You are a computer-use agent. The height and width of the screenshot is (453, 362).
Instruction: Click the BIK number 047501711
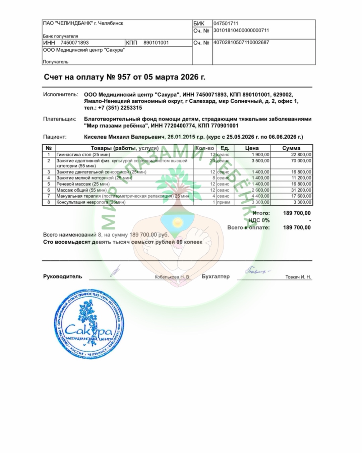(x=226, y=23)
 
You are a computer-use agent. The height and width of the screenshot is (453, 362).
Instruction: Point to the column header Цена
(x=252, y=148)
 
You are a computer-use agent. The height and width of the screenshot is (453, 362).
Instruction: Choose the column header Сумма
(x=291, y=148)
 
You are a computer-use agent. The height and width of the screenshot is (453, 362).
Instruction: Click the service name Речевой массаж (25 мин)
(x=83, y=184)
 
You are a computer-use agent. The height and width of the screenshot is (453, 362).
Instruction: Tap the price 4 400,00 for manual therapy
(x=260, y=196)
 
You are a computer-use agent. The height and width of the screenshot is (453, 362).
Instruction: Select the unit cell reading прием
(x=224, y=202)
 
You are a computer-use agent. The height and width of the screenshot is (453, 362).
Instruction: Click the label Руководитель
(x=63, y=276)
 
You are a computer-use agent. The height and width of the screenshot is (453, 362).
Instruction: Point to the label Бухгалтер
(x=216, y=276)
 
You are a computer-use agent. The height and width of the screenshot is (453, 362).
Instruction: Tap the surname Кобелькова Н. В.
(x=172, y=277)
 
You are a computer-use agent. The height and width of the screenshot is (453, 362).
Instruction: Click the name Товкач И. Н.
(x=298, y=277)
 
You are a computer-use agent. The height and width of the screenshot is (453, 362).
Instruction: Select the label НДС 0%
(x=259, y=220)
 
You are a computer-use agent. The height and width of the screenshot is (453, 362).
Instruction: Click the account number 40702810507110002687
(x=241, y=43)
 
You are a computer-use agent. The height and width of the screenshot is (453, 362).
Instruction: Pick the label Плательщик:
(x=60, y=119)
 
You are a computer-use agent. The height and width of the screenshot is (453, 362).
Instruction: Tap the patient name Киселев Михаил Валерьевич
(x=124, y=137)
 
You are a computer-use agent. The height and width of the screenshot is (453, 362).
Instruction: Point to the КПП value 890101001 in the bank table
(x=156, y=43)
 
